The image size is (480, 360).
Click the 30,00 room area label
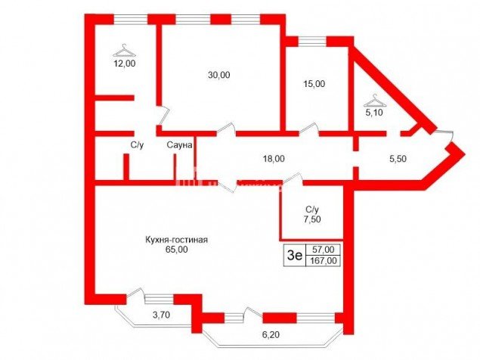219,75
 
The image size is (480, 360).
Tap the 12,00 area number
125,64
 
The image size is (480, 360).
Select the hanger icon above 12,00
124,51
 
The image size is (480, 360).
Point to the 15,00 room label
314,84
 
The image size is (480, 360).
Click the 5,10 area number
374,113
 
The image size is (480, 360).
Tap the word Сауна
179,145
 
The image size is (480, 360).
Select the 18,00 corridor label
274,159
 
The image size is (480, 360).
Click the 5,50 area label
398,159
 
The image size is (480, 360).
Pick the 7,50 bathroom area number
312,219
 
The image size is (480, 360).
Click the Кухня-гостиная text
177,240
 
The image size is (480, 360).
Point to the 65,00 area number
177,250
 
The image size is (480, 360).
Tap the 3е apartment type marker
295,255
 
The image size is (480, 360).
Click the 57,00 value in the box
323,250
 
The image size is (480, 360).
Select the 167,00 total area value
323,261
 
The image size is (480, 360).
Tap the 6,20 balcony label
271,335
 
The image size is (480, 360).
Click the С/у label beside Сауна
137,145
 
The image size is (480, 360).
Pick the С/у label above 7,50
312,209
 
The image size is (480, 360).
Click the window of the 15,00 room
312,42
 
